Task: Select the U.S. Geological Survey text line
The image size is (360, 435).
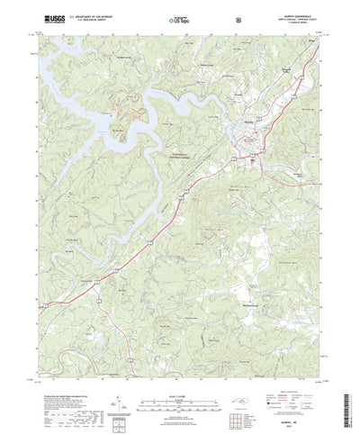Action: (88, 20)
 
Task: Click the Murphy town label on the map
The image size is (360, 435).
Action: (242, 128)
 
